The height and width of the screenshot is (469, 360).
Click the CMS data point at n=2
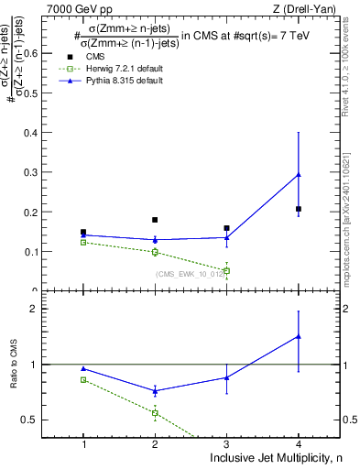155,220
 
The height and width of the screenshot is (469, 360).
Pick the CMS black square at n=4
299,209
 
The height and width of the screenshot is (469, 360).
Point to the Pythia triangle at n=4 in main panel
299,174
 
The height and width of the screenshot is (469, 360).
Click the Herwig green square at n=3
226,270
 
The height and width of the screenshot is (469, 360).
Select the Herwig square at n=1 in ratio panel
83,379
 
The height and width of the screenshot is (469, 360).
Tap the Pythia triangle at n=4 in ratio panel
299,336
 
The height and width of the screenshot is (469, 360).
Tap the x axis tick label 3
226,443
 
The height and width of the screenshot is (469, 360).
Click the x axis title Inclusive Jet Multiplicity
274,458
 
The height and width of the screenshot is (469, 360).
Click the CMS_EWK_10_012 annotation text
188,274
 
